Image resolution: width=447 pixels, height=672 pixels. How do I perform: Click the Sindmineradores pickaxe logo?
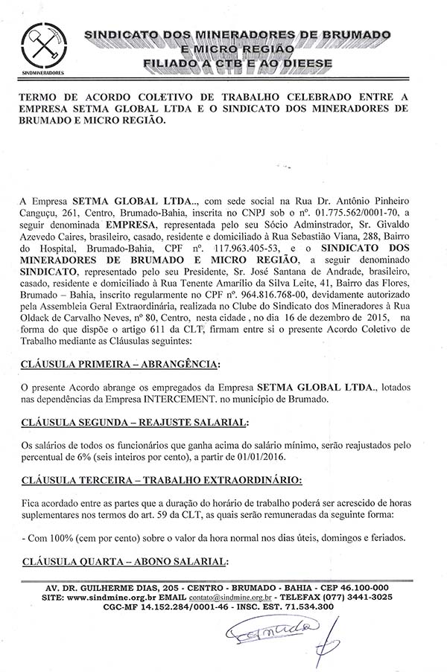(x=42, y=50)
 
